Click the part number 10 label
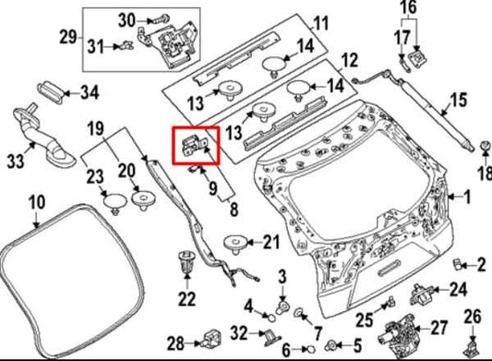34,201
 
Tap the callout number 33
16,162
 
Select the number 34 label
89,92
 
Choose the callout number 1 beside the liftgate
466,196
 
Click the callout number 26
473,317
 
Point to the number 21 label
269,243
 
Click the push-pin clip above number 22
184,259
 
